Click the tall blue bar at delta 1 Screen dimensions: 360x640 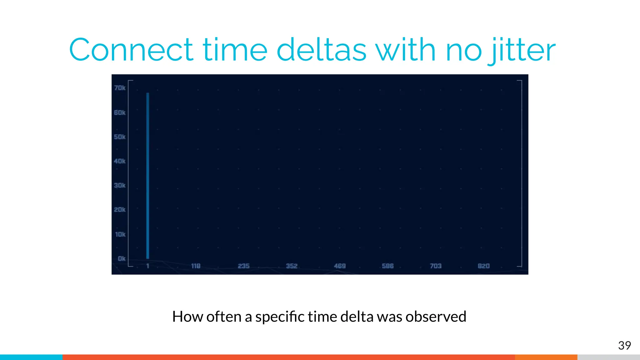pyautogui.click(x=148, y=175)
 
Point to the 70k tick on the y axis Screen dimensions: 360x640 pyautogui.click(x=120, y=88)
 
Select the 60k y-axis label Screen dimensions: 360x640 pyautogui.click(x=120, y=112)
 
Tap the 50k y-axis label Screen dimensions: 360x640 pyautogui.click(x=120, y=137)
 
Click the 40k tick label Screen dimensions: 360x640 pyautogui.click(x=120, y=161)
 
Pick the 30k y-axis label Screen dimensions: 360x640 pyautogui.click(x=120, y=185)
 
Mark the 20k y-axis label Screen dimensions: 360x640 pyautogui.click(x=120, y=210)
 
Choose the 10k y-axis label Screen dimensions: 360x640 pyautogui.click(x=120, y=234)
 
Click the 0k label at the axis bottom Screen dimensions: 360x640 pyautogui.click(x=122, y=258)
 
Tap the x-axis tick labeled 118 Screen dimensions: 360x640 pyautogui.click(x=196, y=266)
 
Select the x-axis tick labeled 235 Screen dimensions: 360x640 pyautogui.click(x=244, y=266)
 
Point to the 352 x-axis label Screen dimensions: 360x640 pyautogui.click(x=292, y=266)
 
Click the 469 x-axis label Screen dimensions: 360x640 pyautogui.click(x=340, y=266)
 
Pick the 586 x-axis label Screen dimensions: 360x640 pyautogui.click(x=388, y=266)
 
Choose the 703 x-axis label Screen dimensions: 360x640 pyautogui.click(x=436, y=266)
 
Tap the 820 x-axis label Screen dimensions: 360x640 pyautogui.click(x=484, y=266)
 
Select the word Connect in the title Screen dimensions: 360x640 pyautogui.click(x=131, y=50)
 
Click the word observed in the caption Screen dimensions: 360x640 pyautogui.click(x=436, y=317)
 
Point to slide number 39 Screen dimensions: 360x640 pyautogui.click(x=624, y=345)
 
